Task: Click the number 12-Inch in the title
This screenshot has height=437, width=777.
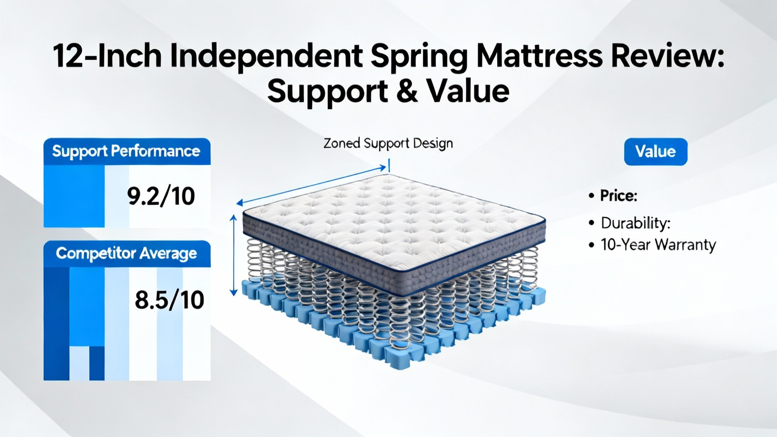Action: point(107,56)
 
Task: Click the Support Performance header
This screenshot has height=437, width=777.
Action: point(127,151)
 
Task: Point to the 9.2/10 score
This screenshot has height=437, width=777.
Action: point(161,196)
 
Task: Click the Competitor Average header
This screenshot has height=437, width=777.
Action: point(127,253)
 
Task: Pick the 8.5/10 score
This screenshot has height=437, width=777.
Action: point(169,300)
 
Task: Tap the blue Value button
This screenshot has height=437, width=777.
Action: point(656,151)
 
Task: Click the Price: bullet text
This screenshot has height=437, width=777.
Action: point(619,196)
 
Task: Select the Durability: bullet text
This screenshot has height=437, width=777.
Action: point(636,223)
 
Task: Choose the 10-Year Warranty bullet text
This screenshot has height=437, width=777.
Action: point(659,245)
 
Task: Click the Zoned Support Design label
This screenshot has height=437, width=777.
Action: point(388,143)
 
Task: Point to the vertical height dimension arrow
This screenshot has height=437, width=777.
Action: point(234,255)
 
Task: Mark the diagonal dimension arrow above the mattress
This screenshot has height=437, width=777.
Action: point(311,185)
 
